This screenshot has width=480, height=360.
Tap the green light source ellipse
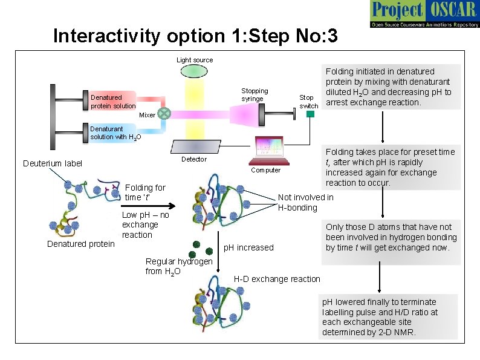pos(195,71)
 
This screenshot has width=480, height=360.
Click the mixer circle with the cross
pos(164,113)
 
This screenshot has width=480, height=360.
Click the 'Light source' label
pos(195,60)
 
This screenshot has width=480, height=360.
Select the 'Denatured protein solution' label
pos(113,102)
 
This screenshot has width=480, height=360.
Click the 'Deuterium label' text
pos(52,163)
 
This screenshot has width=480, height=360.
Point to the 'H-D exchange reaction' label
pos(277,279)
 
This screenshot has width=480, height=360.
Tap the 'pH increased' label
pos(248,247)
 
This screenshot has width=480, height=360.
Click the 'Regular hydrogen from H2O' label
pos(178,266)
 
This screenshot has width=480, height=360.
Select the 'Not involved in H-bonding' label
pos(305,203)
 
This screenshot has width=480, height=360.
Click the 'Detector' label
pos(194,160)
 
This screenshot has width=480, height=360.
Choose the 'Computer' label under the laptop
pos(265,170)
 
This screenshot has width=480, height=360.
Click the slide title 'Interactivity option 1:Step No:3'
pos(195,36)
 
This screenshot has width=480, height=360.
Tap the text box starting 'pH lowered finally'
pos(389,317)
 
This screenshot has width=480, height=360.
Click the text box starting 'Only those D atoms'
pos(391,237)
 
